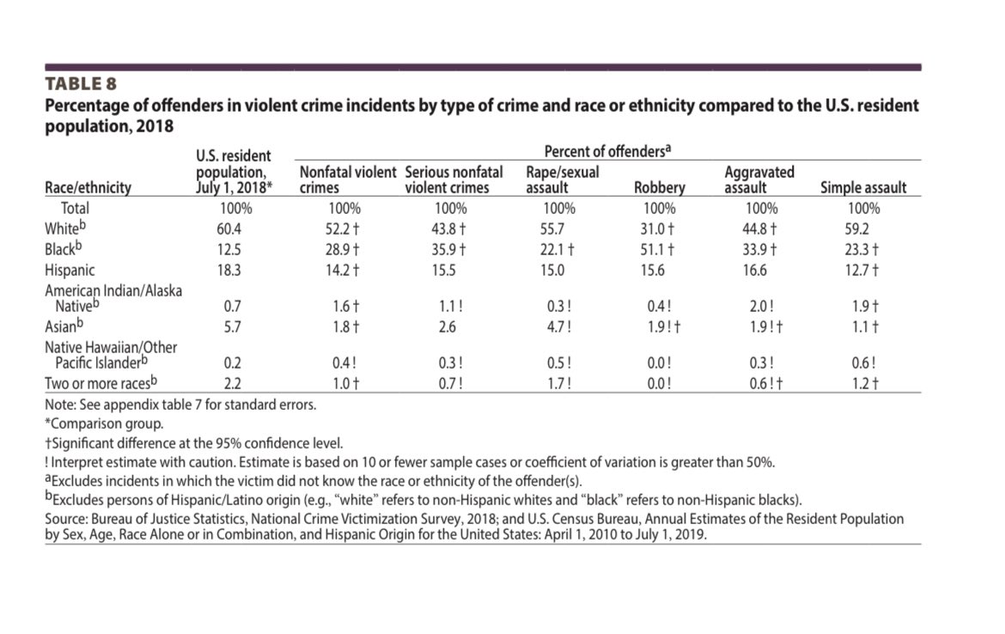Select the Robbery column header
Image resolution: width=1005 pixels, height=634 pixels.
coord(659,188)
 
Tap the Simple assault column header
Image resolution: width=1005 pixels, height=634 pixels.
coord(863,188)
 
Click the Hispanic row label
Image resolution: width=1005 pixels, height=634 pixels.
coord(71,271)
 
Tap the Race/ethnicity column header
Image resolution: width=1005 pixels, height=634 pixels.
coord(88,188)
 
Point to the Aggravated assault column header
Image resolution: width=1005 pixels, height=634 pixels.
coord(759,180)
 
